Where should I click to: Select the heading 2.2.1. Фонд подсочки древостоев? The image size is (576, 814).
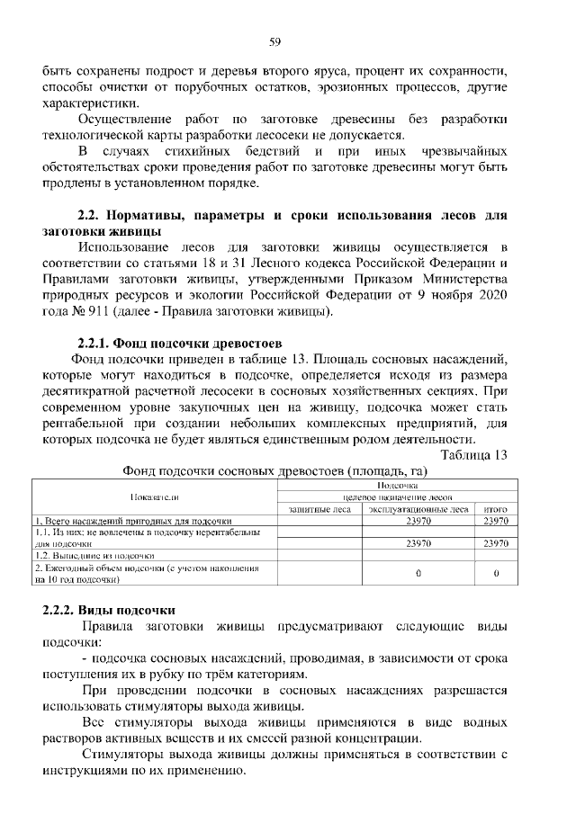click(x=180, y=343)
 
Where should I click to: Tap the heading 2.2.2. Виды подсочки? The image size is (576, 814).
click(x=111, y=611)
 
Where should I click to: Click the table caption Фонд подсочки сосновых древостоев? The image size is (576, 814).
click(x=274, y=470)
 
